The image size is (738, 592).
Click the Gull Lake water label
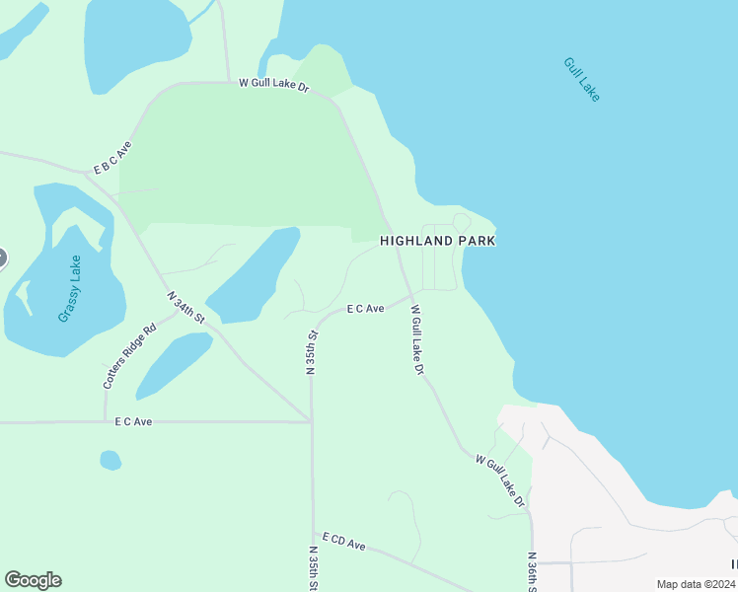pyautogui.click(x=581, y=79)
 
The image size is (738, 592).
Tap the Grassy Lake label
pyautogui.click(x=70, y=288)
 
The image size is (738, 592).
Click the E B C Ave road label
pyautogui.click(x=112, y=157)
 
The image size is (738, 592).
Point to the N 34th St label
pyautogui.click(x=184, y=307)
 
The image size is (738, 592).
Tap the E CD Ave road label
pyautogui.click(x=343, y=544)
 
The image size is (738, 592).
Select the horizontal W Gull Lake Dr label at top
pyautogui.click(x=273, y=86)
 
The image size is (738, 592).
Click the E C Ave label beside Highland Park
pyautogui.click(x=365, y=309)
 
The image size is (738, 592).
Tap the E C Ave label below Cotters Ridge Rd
pyautogui.click(x=133, y=421)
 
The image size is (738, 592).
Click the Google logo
pyautogui.click(x=33, y=580)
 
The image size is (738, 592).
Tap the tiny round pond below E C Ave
pyautogui.click(x=111, y=460)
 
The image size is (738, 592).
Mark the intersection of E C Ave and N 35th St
pyautogui.click(x=311, y=421)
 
